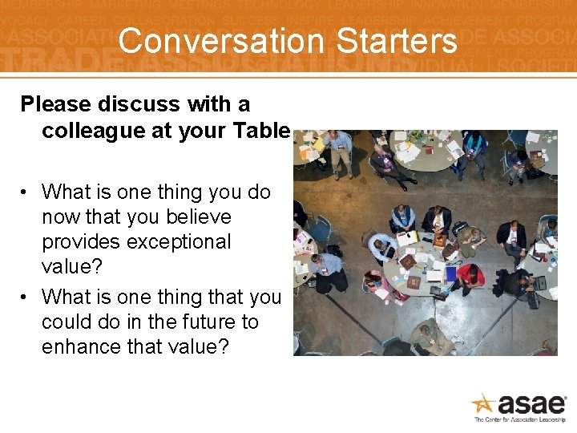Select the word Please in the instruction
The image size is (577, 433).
(x=57, y=104)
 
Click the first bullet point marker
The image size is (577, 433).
(x=26, y=192)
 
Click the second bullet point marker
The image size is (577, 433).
(x=26, y=297)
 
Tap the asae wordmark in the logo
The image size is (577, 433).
(x=531, y=404)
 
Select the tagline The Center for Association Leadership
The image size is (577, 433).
(x=519, y=420)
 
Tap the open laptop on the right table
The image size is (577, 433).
(x=539, y=282)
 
